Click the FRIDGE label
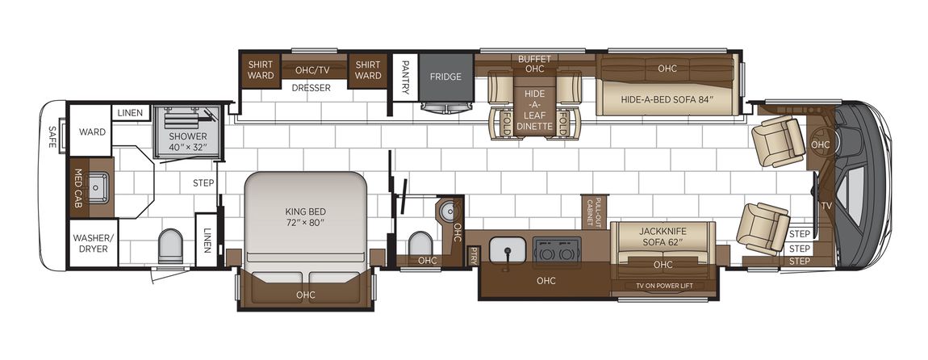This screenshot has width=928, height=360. tap(445, 77)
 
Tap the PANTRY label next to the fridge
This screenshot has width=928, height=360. tap(405, 77)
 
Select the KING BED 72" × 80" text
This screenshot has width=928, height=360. tap(305, 216)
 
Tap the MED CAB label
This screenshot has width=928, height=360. tap(77, 188)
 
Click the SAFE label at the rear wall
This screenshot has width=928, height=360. tap(52, 136)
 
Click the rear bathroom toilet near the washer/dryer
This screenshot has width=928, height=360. tap(170, 246)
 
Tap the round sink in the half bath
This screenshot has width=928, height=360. tap(447, 210)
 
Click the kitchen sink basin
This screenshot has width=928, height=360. tap(508, 249)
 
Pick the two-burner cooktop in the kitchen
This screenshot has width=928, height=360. tap(557, 249)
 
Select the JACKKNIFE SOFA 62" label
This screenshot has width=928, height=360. tap(663, 237)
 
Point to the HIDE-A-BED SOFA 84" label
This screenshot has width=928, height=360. tap(667, 99)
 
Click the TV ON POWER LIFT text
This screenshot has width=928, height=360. tap(664, 286)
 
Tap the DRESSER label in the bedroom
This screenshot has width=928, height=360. tap(311, 88)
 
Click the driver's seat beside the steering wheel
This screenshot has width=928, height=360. tap(776, 140)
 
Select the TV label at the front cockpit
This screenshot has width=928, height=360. tap(826, 206)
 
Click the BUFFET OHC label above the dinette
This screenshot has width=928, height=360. tap(534, 64)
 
